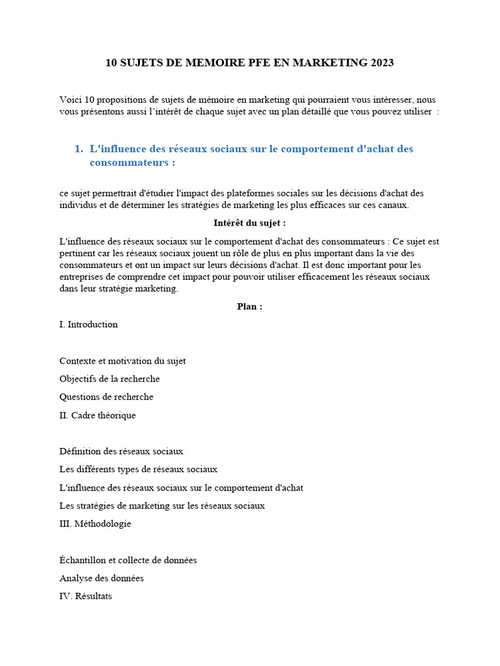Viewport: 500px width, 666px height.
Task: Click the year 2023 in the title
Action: pyautogui.click(x=382, y=63)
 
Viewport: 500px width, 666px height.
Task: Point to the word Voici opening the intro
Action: pyautogui.click(x=71, y=100)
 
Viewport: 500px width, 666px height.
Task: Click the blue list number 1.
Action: pyautogui.click(x=78, y=149)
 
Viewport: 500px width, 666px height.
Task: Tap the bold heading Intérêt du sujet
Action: pyautogui.click(x=249, y=223)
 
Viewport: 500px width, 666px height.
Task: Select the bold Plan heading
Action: pyautogui.click(x=249, y=306)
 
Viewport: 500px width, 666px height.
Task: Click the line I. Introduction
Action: pyautogui.click(x=89, y=325)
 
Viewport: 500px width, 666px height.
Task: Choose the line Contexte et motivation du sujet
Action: pyautogui.click(x=122, y=361)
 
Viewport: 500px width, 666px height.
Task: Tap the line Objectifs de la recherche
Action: pyautogui.click(x=109, y=379)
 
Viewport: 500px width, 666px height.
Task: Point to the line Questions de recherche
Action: pyautogui.click(x=106, y=397)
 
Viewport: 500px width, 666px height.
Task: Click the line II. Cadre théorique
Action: pyautogui.click(x=98, y=415)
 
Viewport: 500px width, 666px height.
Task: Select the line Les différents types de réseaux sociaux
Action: pyautogui.click(x=138, y=469)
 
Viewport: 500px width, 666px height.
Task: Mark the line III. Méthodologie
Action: pyautogui.click(x=95, y=524)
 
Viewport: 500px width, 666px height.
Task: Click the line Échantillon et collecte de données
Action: pyautogui.click(x=128, y=560)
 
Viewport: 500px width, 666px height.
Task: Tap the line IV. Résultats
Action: pyautogui.click(x=85, y=596)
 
